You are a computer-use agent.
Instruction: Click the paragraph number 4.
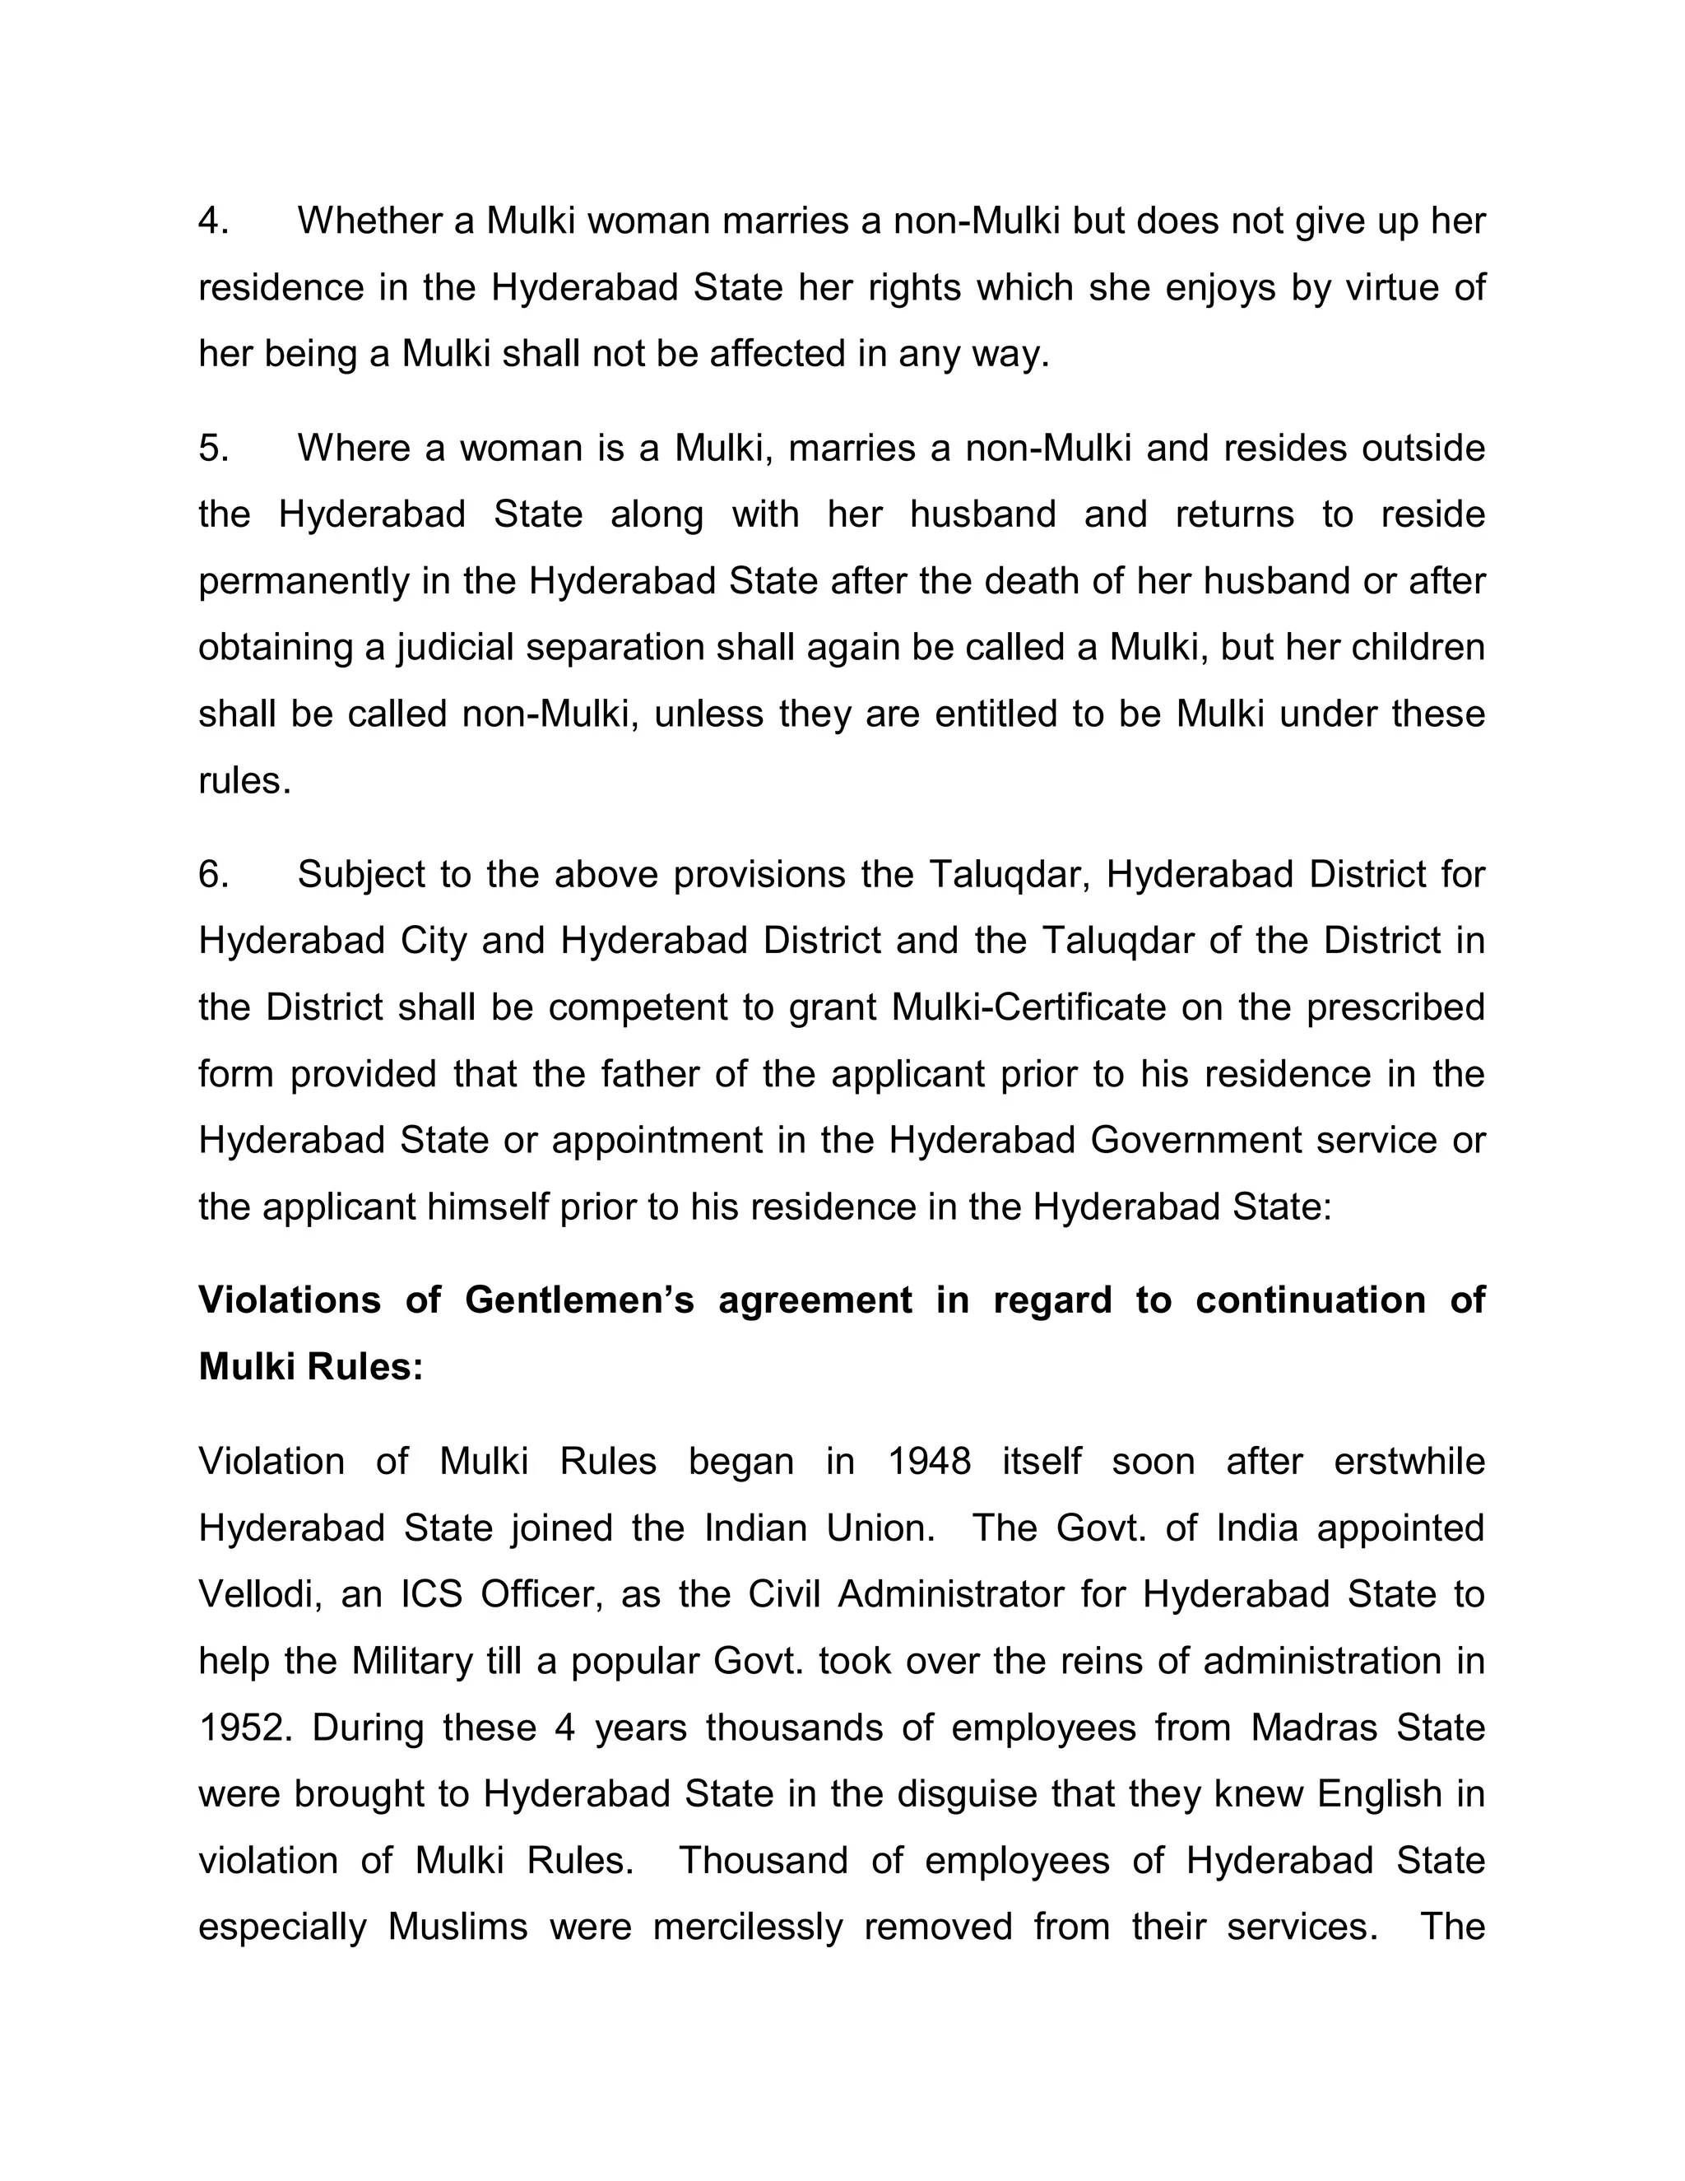click(x=212, y=221)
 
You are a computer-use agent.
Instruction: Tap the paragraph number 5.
click(x=212, y=448)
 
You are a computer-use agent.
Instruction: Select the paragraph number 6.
click(x=212, y=874)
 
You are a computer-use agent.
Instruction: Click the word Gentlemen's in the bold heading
click(x=579, y=1300)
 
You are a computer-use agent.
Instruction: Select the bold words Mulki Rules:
click(x=312, y=1366)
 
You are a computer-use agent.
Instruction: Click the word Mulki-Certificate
click(x=1028, y=1007)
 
